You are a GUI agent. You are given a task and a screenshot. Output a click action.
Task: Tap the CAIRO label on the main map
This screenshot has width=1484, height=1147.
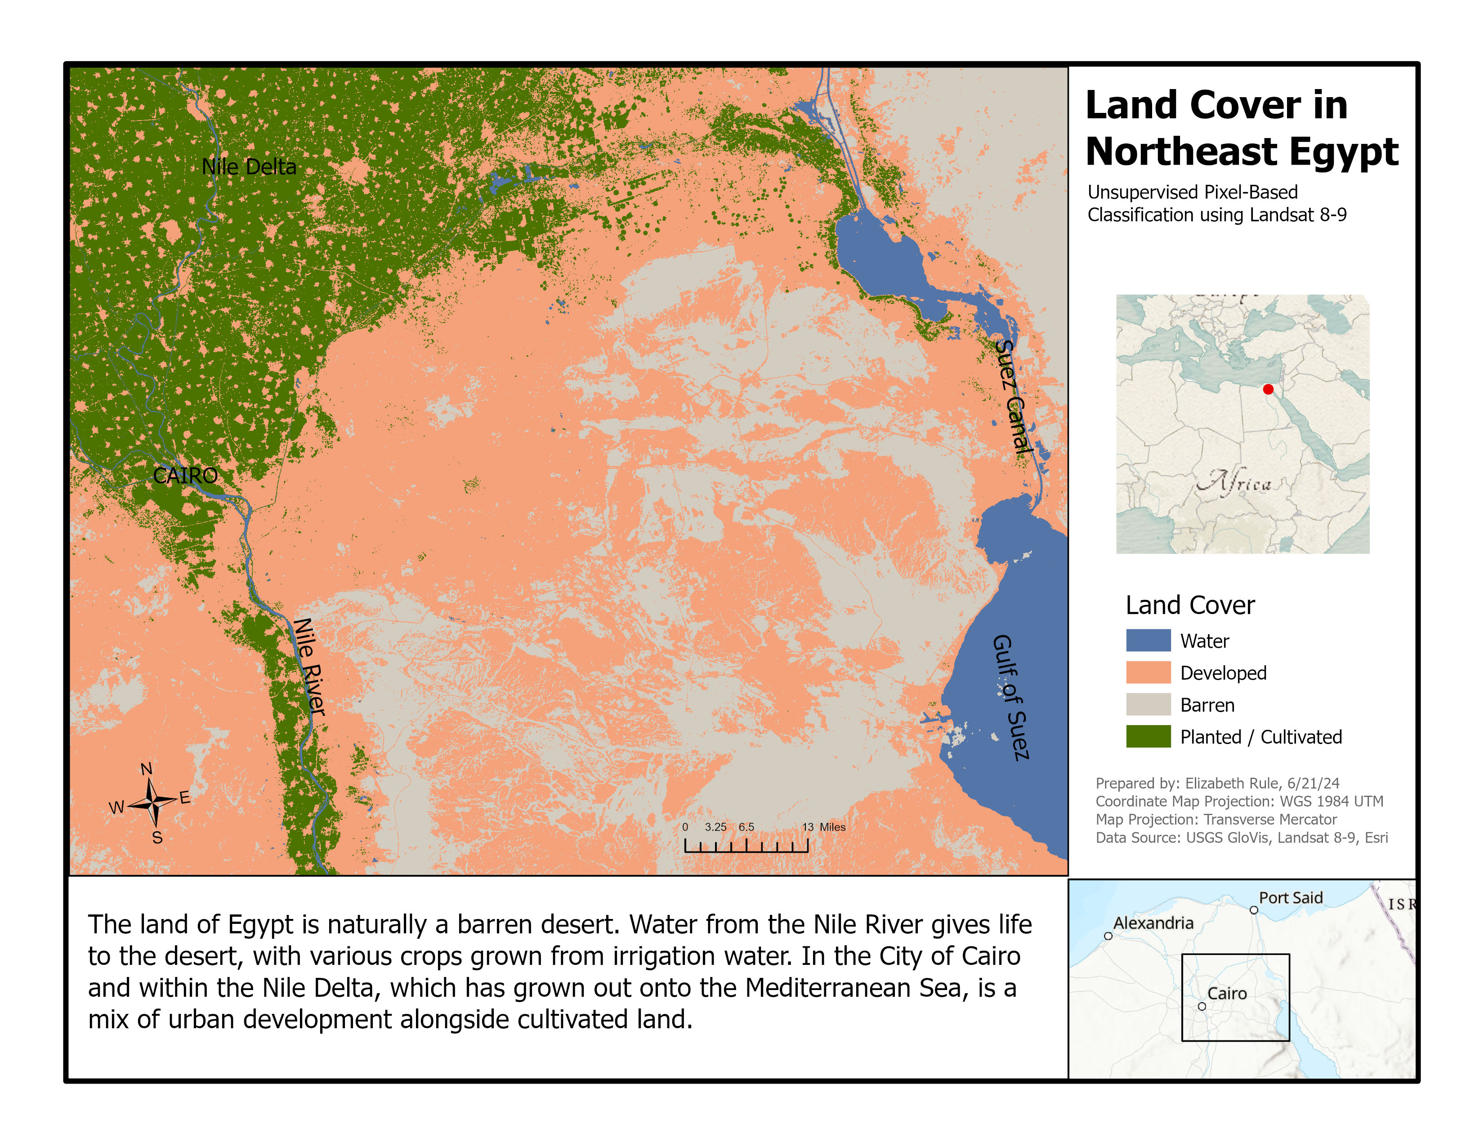click(185, 475)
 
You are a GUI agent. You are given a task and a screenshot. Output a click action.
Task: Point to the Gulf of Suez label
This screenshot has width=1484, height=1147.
click(1011, 697)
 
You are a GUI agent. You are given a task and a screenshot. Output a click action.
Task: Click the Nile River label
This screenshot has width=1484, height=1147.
click(309, 667)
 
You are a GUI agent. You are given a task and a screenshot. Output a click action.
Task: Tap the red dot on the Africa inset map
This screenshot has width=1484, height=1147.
click(1268, 390)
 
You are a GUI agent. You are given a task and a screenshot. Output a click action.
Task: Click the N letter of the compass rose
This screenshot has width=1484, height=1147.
click(146, 769)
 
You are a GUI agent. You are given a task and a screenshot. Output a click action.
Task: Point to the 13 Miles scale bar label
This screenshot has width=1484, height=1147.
click(823, 827)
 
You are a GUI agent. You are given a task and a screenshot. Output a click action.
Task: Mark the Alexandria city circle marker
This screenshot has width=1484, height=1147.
click(1108, 936)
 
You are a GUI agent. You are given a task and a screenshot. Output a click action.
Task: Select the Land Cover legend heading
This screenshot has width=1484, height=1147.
click(1190, 605)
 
